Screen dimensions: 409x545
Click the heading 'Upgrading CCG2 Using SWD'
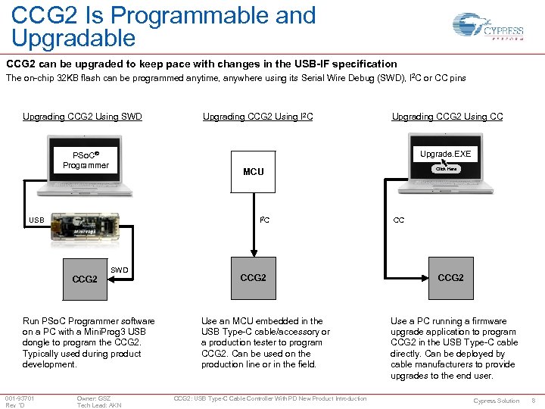[83, 117]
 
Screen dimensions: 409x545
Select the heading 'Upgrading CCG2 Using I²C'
[257, 117]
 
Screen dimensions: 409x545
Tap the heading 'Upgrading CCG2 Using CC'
[447, 117]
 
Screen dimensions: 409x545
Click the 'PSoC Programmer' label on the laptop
[86, 160]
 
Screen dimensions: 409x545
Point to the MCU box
[253, 172]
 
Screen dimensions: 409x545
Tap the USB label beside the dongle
[36, 221]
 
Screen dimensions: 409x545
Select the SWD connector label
[120, 270]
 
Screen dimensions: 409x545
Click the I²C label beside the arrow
[264, 220]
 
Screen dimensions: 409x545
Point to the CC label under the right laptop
[398, 221]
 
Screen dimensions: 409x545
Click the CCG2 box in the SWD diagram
[84, 279]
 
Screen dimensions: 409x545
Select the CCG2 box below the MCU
[253, 278]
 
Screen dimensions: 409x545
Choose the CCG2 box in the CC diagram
[450, 278]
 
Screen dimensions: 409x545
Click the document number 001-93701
[19, 398]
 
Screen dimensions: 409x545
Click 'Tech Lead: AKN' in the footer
[98, 405]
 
